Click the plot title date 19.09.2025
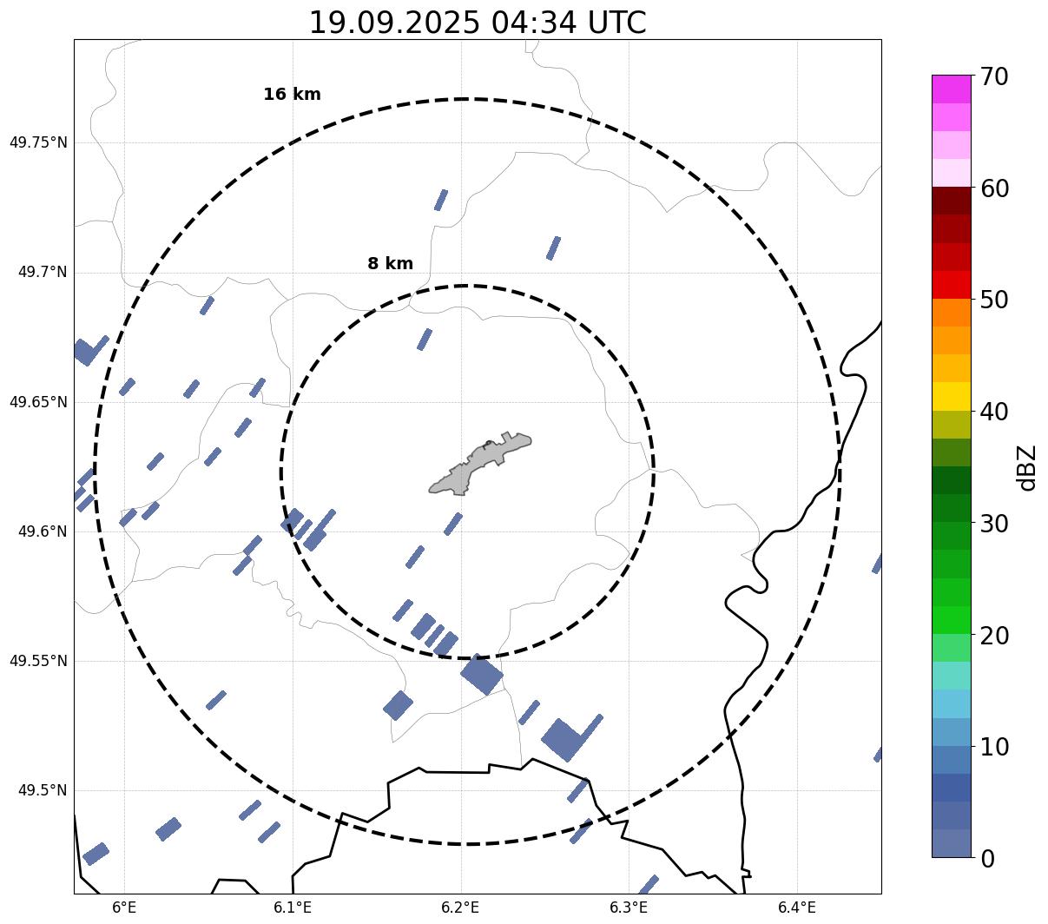[x=393, y=23]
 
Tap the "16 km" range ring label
[x=292, y=95]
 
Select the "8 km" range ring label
[x=390, y=264]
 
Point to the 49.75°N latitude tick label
[x=38, y=142]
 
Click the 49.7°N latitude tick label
[x=43, y=273]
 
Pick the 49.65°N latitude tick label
[x=38, y=402]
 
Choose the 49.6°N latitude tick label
[x=43, y=531]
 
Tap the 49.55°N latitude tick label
[x=38, y=661]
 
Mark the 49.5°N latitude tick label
[x=43, y=790]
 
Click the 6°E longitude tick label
[x=124, y=907]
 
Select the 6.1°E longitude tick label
[x=293, y=907]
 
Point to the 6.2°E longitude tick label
[x=460, y=907]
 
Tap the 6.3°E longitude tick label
[x=629, y=907]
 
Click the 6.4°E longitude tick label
[x=797, y=907]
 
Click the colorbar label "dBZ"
[x=1027, y=467]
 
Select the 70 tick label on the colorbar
[x=994, y=76]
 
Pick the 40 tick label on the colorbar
[x=994, y=412]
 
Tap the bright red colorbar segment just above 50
[x=951, y=285]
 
